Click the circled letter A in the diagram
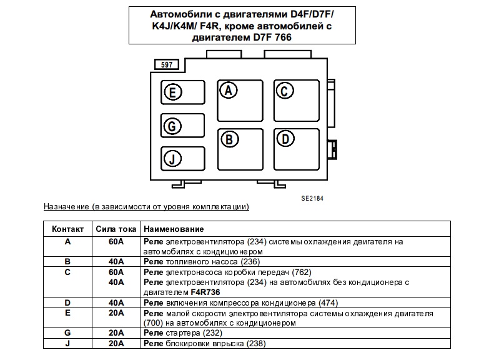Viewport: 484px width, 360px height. pos(229,90)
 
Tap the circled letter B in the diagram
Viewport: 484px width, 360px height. pos(229,139)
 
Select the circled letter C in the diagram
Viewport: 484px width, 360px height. pos(284,91)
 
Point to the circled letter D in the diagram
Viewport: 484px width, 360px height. pos(285,139)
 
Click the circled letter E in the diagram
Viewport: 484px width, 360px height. pos(173,93)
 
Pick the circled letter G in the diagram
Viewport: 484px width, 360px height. pos(172,126)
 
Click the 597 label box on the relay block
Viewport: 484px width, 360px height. pos(167,65)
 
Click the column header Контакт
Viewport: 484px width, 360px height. pos(67,229)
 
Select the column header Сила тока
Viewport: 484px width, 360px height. pos(116,229)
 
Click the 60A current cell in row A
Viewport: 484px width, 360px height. pos(116,241)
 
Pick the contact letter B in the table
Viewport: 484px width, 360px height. pos(67,261)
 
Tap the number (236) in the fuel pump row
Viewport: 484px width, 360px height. pos(249,261)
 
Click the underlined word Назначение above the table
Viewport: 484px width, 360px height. pos(66,206)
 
